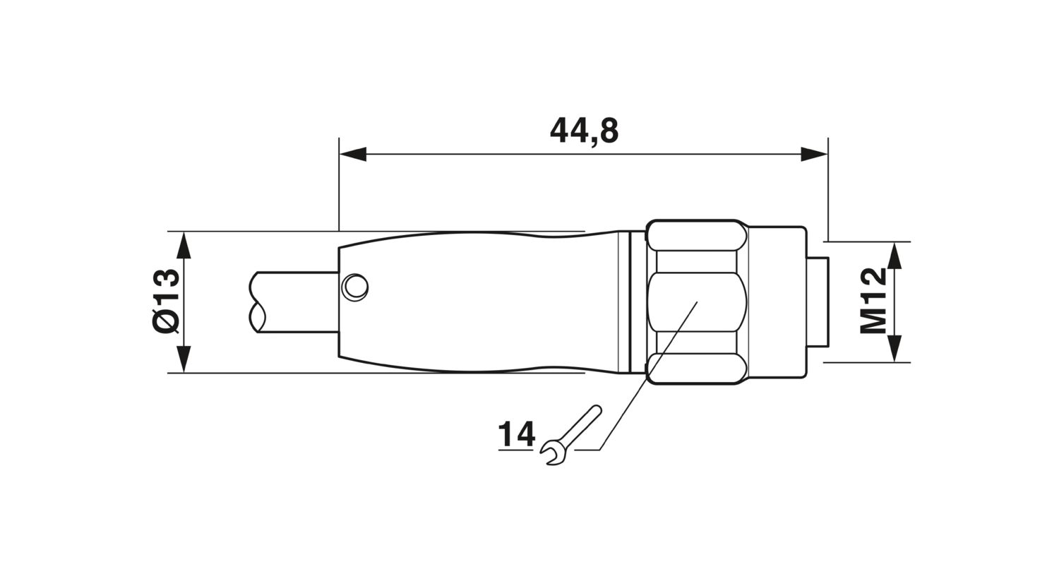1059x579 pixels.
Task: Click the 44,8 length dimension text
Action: coord(585,131)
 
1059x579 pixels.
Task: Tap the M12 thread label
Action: coord(873,301)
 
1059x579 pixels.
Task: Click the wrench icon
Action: coord(571,435)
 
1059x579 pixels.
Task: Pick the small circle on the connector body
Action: coord(354,287)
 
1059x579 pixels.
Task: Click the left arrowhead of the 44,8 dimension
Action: coord(353,154)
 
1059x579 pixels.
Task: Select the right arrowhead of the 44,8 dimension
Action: coord(814,154)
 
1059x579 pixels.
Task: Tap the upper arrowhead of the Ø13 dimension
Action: coord(184,245)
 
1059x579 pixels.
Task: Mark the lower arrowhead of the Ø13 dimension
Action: coord(184,359)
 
